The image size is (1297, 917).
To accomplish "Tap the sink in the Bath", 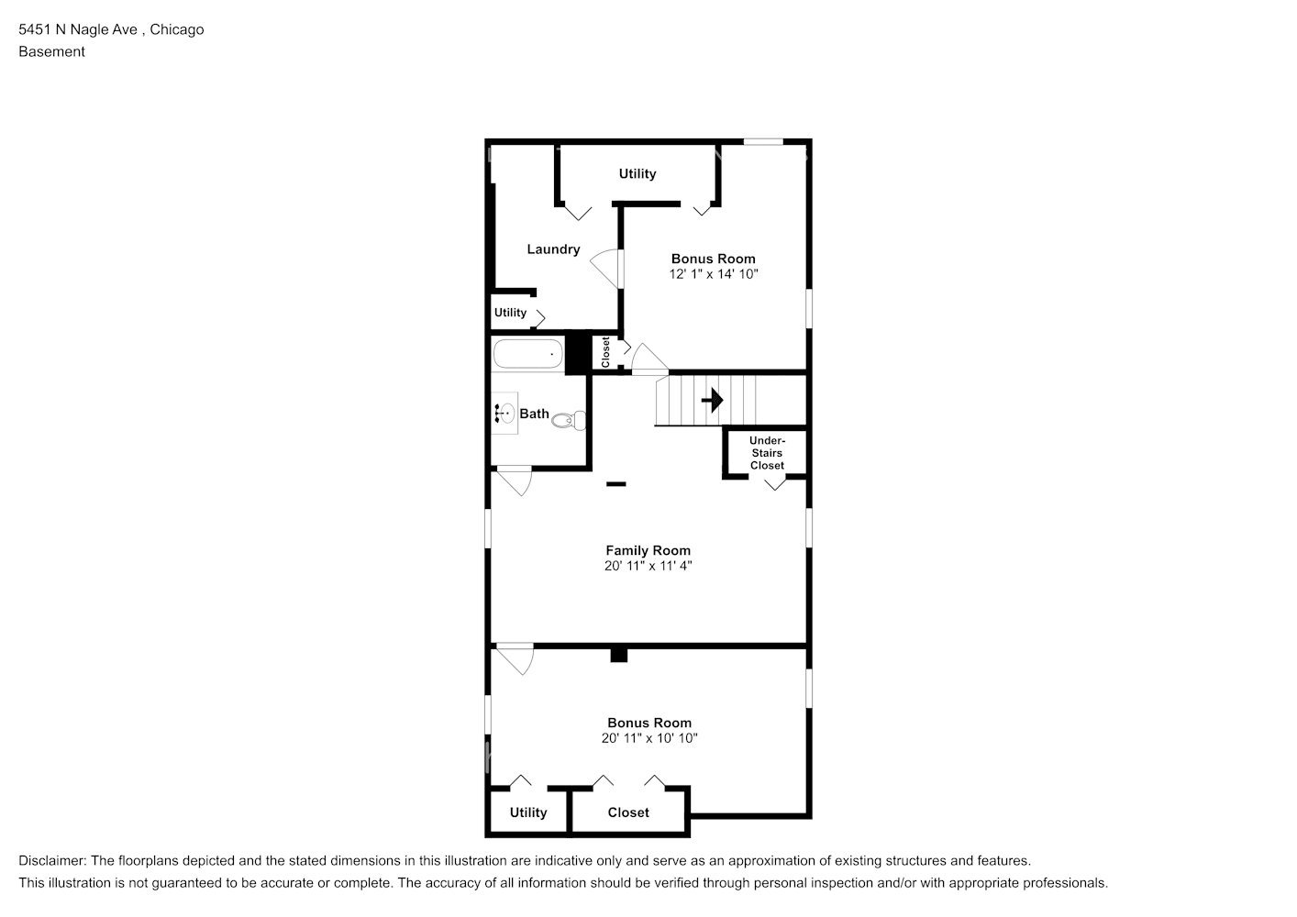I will (x=503, y=414).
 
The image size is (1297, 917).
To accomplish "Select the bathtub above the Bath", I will (x=527, y=354).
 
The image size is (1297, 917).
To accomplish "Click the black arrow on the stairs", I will (x=713, y=401).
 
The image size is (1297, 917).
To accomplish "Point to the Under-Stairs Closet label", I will (x=767, y=453).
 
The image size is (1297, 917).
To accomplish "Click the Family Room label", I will (x=648, y=550).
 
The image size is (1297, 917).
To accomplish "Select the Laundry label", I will (x=553, y=249).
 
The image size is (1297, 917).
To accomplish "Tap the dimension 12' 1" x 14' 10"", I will (x=714, y=274).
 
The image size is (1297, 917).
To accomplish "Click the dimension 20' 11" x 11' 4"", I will (x=648, y=566).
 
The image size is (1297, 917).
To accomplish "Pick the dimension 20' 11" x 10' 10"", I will (x=649, y=738).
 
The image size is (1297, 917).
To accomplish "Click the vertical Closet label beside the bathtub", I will (x=605, y=353).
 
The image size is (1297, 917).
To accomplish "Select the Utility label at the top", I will (x=637, y=174).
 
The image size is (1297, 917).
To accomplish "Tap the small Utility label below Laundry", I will (x=511, y=313).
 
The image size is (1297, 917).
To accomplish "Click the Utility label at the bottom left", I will (x=528, y=812).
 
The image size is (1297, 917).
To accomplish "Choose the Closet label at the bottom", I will (x=628, y=812).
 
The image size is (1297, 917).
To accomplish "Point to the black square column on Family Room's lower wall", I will (x=619, y=655).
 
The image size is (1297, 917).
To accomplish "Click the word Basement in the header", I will (x=51, y=51).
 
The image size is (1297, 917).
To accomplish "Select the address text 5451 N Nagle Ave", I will (x=78, y=29).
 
